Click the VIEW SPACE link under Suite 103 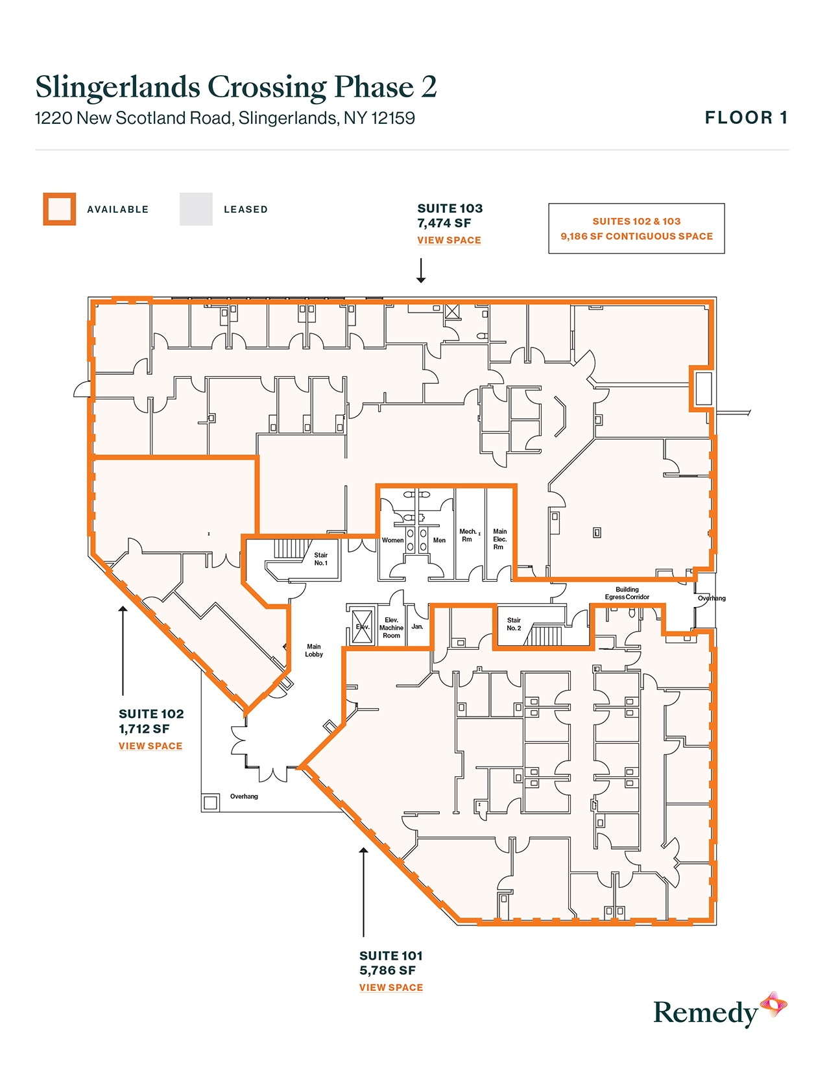[x=449, y=240]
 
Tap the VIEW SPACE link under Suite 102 [x=150, y=746]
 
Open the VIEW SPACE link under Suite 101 [x=391, y=987]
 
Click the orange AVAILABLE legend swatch [x=60, y=209]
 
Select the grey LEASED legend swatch [x=196, y=209]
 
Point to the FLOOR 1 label [x=746, y=117]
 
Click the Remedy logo [x=719, y=1012]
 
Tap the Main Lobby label [x=314, y=650]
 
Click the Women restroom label [x=392, y=540]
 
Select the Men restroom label [x=439, y=540]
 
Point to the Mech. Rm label [x=467, y=535]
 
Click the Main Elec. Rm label [x=499, y=539]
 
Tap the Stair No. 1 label [x=321, y=559]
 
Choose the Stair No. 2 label [x=514, y=624]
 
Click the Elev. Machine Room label [x=391, y=628]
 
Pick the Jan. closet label [x=417, y=626]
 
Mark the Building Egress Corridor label [x=627, y=593]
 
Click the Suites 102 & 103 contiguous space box [x=636, y=228]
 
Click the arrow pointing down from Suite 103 [x=421, y=270]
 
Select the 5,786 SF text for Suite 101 [x=387, y=970]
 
